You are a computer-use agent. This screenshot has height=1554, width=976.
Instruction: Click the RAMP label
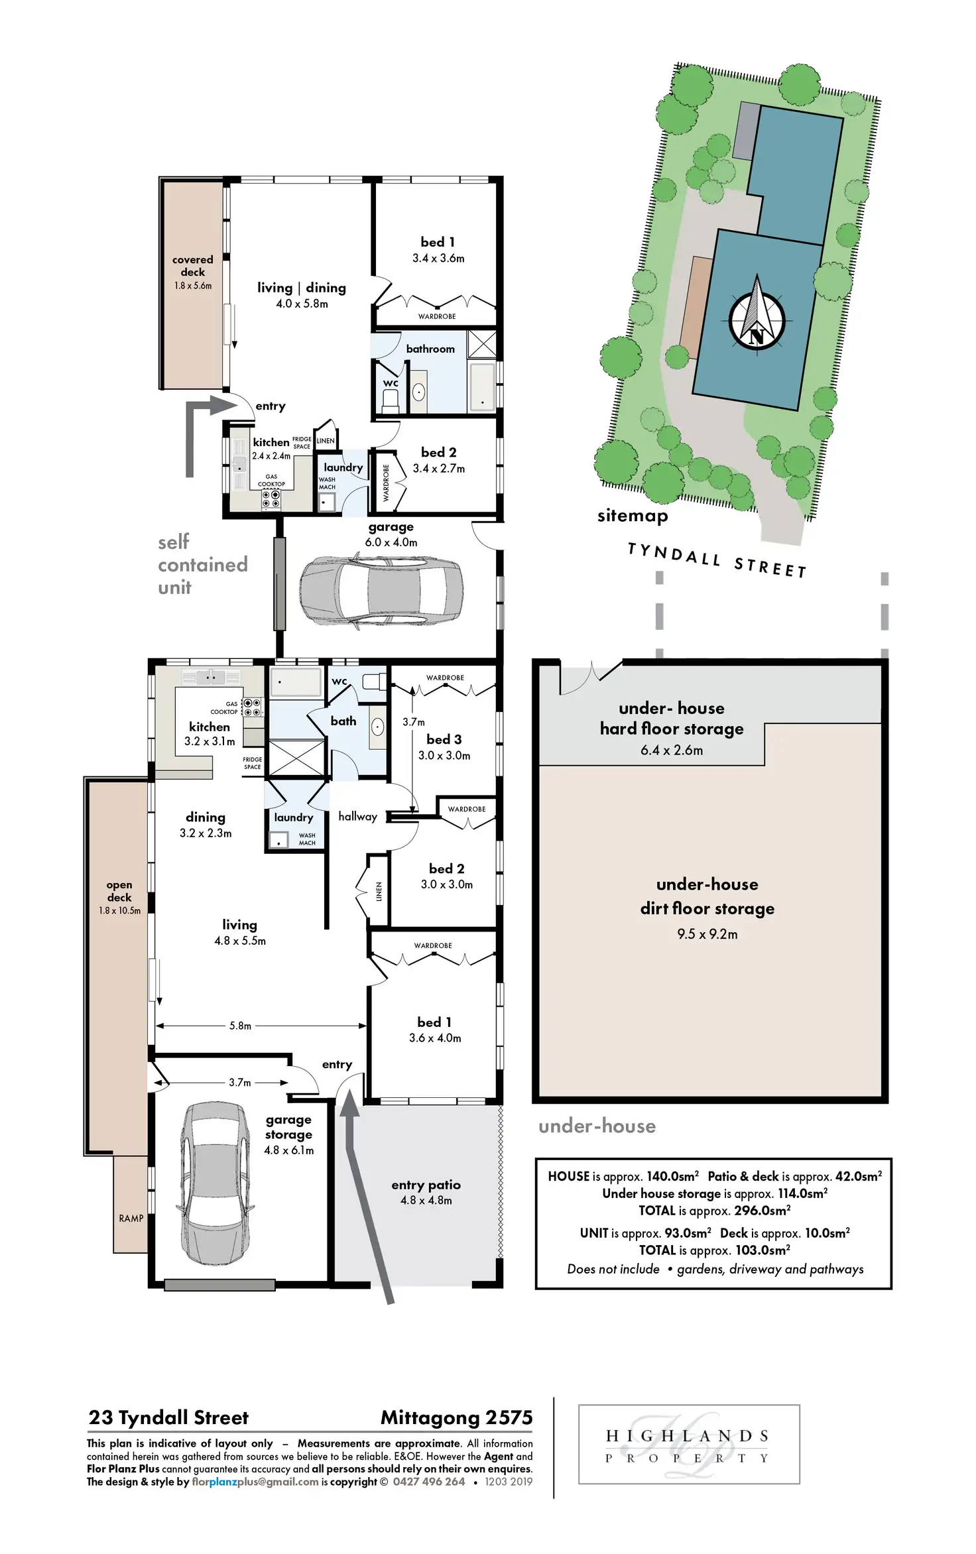point(131,1218)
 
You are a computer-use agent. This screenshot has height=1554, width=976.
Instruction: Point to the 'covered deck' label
point(193,266)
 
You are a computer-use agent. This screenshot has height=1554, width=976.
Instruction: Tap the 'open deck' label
point(119,891)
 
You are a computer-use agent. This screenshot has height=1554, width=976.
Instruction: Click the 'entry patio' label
point(426,1185)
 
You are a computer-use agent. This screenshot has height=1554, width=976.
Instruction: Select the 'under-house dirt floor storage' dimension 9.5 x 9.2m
point(707,934)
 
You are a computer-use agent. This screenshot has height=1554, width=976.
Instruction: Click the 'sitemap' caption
point(632,516)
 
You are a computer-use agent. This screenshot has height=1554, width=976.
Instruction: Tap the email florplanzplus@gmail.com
point(255,1482)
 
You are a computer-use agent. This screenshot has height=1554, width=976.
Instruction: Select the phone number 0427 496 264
point(428,1482)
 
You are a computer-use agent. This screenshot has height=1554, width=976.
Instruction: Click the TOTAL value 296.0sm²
point(762,1211)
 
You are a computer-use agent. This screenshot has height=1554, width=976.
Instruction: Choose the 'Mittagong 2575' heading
point(456,1417)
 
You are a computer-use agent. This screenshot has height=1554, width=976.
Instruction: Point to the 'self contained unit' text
point(202,564)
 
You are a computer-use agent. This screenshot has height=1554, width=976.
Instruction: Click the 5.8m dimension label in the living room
point(240,1026)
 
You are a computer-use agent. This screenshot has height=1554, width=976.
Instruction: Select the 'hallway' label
point(357,816)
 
